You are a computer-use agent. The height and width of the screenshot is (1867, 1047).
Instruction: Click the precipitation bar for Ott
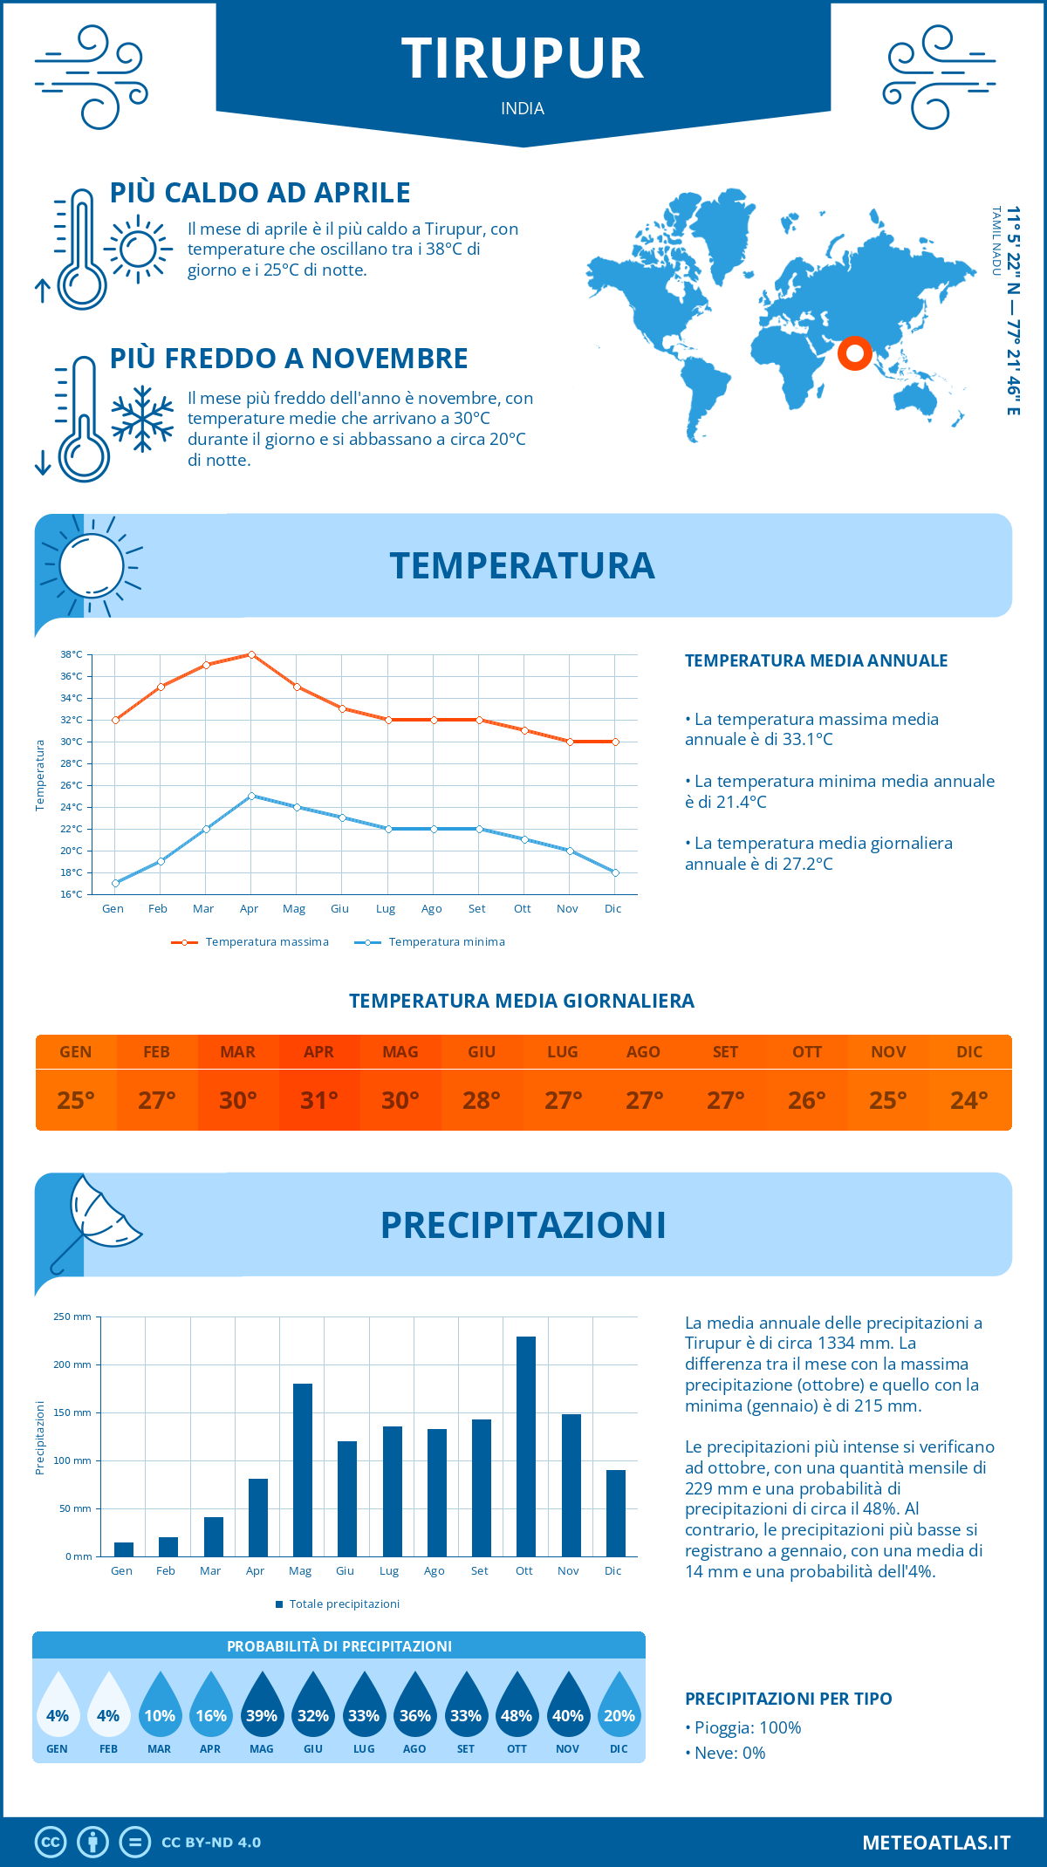point(525,1446)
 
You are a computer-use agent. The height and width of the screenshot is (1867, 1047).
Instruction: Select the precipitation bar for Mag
point(303,1470)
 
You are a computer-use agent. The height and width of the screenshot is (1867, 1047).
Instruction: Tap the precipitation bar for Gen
point(124,1549)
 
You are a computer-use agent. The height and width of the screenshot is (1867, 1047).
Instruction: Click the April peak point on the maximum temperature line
point(251,654)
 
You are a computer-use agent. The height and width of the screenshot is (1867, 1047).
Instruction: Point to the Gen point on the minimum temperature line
point(115,883)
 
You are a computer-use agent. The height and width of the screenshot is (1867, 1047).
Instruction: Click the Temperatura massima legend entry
point(250,942)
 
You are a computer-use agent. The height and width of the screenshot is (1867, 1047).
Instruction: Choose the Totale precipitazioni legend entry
point(338,1604)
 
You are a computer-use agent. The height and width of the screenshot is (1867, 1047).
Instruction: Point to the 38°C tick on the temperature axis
point(72,654)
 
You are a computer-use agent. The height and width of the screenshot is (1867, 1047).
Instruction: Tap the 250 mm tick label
point(72,1316)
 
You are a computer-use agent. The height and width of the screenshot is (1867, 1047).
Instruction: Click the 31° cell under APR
point(319,1100)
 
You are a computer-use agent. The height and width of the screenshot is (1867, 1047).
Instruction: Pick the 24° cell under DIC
point(969,1100)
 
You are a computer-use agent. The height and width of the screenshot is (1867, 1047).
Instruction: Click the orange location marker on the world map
point(855,353)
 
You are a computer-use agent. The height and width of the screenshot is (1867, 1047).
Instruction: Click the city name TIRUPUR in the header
point(523,59)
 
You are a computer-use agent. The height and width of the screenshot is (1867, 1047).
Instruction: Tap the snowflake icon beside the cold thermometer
point(142,419)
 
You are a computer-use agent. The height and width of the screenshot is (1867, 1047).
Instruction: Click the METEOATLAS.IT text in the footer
point(936,1843)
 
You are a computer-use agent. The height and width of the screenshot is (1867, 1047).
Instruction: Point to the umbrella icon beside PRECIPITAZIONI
point(96,1217)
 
